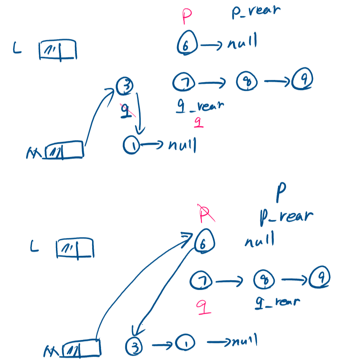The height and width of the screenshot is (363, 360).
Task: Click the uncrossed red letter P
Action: (187, 17)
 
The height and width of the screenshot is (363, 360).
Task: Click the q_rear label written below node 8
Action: (278, 302)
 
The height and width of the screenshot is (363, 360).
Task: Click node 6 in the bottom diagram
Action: (205, 242)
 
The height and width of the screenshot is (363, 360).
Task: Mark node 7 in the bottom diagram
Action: (201, 280)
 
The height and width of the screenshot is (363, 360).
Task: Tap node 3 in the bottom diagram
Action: (134, 346)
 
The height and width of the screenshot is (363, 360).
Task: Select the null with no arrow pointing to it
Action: (259, 240)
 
